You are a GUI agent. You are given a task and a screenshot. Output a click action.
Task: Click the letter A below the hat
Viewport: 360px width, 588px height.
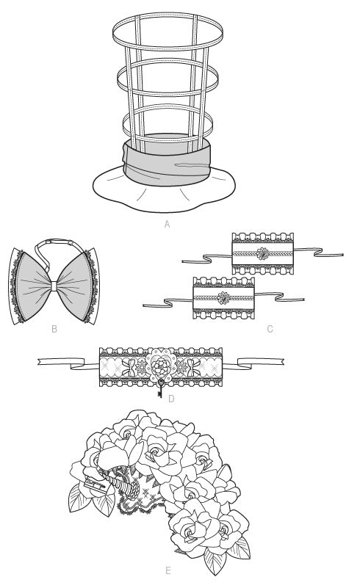(167, 224)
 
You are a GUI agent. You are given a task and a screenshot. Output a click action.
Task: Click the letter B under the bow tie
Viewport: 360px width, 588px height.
(54, 330)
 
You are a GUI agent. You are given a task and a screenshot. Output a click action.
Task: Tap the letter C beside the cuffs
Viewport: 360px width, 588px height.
(270, 330)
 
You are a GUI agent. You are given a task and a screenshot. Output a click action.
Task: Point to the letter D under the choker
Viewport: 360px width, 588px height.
(171, 399)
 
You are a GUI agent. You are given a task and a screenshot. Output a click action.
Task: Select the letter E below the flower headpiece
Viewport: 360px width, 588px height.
(168, 571)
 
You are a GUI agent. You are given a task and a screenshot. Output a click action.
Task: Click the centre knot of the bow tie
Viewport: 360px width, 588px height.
(54, 286)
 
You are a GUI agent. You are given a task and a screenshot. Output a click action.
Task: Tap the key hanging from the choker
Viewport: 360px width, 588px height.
(161, 388)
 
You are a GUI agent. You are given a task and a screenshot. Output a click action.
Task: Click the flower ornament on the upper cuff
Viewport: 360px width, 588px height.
(262, 254)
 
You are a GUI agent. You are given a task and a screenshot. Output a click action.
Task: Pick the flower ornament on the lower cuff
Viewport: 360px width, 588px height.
(223, 298)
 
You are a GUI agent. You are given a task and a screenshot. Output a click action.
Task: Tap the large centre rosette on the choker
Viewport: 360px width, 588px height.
(161, 365)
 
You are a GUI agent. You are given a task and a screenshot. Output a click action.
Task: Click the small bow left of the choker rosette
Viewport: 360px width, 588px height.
(129, 368)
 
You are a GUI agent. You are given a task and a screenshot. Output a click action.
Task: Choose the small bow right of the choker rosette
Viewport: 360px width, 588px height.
(193, 368)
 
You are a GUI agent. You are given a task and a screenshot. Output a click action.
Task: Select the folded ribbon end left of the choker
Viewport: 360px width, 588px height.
(68, 363)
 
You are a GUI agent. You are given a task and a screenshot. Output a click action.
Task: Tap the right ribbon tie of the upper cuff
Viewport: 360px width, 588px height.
(318, 252)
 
